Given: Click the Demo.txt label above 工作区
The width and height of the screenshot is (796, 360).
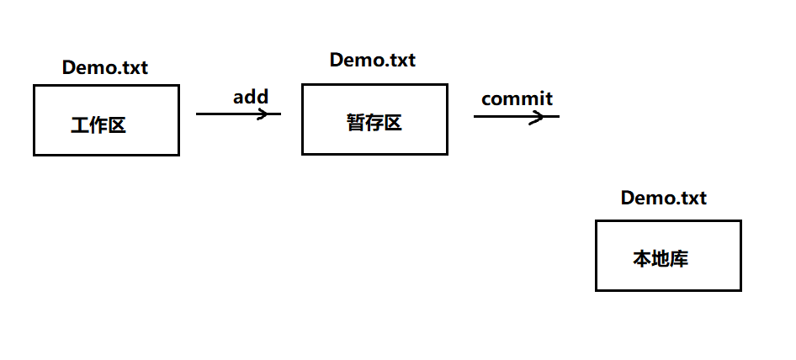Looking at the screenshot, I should (105, 68).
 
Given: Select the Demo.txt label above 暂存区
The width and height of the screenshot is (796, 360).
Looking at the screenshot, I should (372, 60).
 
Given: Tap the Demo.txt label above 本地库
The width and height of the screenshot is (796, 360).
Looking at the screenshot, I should (663, 199).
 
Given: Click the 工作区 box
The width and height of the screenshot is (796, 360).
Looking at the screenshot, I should (106, 119).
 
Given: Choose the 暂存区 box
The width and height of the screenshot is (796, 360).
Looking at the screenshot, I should (374, 119).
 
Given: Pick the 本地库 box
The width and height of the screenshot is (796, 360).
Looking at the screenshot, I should (668, 255).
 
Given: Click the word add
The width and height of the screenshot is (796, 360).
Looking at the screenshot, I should (251, 97).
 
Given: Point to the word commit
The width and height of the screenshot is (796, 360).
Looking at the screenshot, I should (517, 98).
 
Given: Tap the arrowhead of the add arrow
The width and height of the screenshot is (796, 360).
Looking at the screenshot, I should (274, 114).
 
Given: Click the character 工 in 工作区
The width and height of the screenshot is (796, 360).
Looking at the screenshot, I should (80, 126).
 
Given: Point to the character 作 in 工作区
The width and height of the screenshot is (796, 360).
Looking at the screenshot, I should (98, 126).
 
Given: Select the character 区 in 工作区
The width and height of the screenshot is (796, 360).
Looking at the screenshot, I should (116, 126).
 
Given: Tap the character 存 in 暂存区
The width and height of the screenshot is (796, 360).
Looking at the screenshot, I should (374, 123).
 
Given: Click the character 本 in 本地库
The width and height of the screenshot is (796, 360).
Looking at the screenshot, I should (642, 259).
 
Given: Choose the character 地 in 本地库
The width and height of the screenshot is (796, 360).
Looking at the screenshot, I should (661, 259).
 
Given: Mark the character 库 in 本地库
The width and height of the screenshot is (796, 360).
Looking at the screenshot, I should (679, 259).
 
